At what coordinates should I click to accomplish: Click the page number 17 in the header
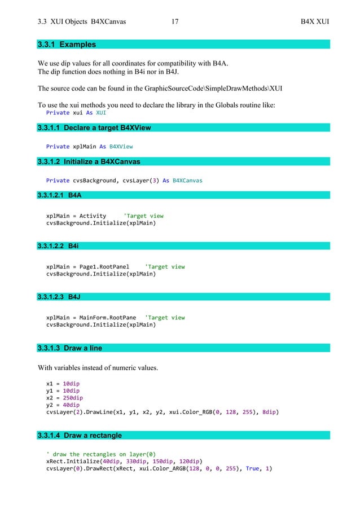174,22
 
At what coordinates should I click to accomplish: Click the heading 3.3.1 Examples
67,44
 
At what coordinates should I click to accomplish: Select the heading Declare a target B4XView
94,128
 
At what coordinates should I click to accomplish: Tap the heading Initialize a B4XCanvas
89,162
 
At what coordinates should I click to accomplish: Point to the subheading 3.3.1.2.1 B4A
59,195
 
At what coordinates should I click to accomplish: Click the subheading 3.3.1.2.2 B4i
58,246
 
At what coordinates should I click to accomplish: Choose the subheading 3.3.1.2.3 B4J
59,297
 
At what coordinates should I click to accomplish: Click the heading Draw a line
70,348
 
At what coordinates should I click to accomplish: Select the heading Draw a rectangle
79,435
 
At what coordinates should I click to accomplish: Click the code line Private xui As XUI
76,112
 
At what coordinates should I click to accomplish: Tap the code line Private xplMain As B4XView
89,147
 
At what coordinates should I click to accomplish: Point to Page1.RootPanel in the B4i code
104,267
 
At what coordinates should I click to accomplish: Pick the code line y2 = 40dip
63,405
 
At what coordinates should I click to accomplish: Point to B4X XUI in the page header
315,22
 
